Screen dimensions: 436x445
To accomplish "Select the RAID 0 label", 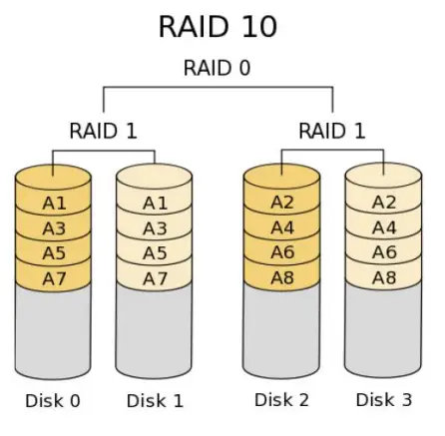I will [x=217, y=69].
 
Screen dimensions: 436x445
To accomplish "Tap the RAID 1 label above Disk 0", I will [x=103, y=131].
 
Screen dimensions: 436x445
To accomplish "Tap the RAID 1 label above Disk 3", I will [x=332, y=131].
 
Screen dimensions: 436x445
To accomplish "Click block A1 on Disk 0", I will [x=54, y=204].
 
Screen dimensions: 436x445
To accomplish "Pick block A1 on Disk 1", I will [x=155, y=204].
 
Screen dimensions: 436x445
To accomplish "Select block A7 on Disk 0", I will [x=54, y=277].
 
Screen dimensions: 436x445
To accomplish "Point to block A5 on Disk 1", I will [x=155, y=253].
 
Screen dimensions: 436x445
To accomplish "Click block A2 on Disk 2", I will [x=283, y=204].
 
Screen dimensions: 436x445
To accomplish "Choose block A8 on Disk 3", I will [x=384, y=277].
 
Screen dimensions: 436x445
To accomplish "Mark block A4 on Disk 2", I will [x=283, y=228].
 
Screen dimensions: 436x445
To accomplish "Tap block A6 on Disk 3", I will [x=384, y=253].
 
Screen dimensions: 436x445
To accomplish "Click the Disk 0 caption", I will [x=53, y=401].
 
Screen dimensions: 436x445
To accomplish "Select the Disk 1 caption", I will [x=155, y=401].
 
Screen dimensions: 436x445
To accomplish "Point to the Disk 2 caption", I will [x=282, y=401].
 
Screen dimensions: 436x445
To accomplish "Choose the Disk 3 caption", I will [x=384, y=401].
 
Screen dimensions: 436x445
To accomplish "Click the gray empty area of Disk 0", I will [x=54, y=329].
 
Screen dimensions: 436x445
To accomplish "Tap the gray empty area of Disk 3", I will [x=384, y=329].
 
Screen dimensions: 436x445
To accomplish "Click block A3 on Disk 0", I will [x=54, y=228].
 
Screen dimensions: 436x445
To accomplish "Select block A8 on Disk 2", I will [x=283, y=277].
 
